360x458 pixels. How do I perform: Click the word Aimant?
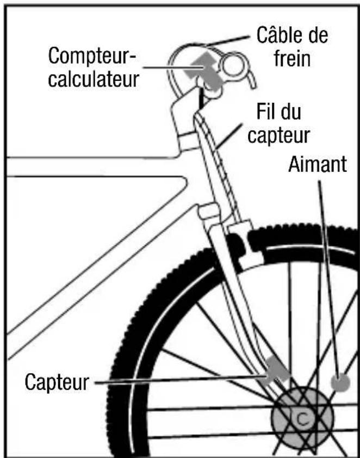[317, 164]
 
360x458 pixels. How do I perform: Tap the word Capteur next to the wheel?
[56, 382]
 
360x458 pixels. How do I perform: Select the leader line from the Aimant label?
[330, 272]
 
